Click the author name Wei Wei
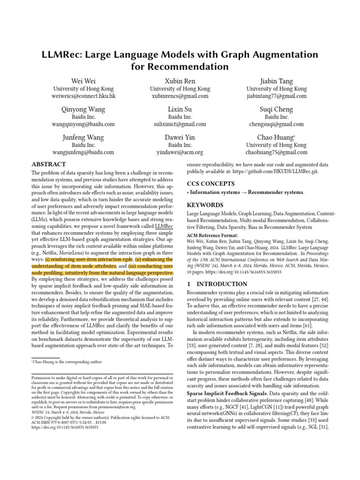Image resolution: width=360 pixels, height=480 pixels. point(83,81)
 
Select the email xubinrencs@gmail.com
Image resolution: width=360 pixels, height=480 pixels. point(180,96)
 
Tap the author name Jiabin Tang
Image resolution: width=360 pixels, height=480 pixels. point(277,81)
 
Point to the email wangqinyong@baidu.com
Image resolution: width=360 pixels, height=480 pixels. point(83,124)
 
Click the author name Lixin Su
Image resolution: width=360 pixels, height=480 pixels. point(180,110)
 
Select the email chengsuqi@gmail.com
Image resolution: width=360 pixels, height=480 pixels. point(277,124)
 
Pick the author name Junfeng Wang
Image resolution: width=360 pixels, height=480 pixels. point(83,138)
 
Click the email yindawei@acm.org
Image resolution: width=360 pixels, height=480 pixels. point(180,152)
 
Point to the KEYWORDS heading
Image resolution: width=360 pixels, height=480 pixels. point(205,205)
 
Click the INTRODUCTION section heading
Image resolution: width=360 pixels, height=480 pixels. point(217,284)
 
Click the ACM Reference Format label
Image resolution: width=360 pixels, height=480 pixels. point(212,235)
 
